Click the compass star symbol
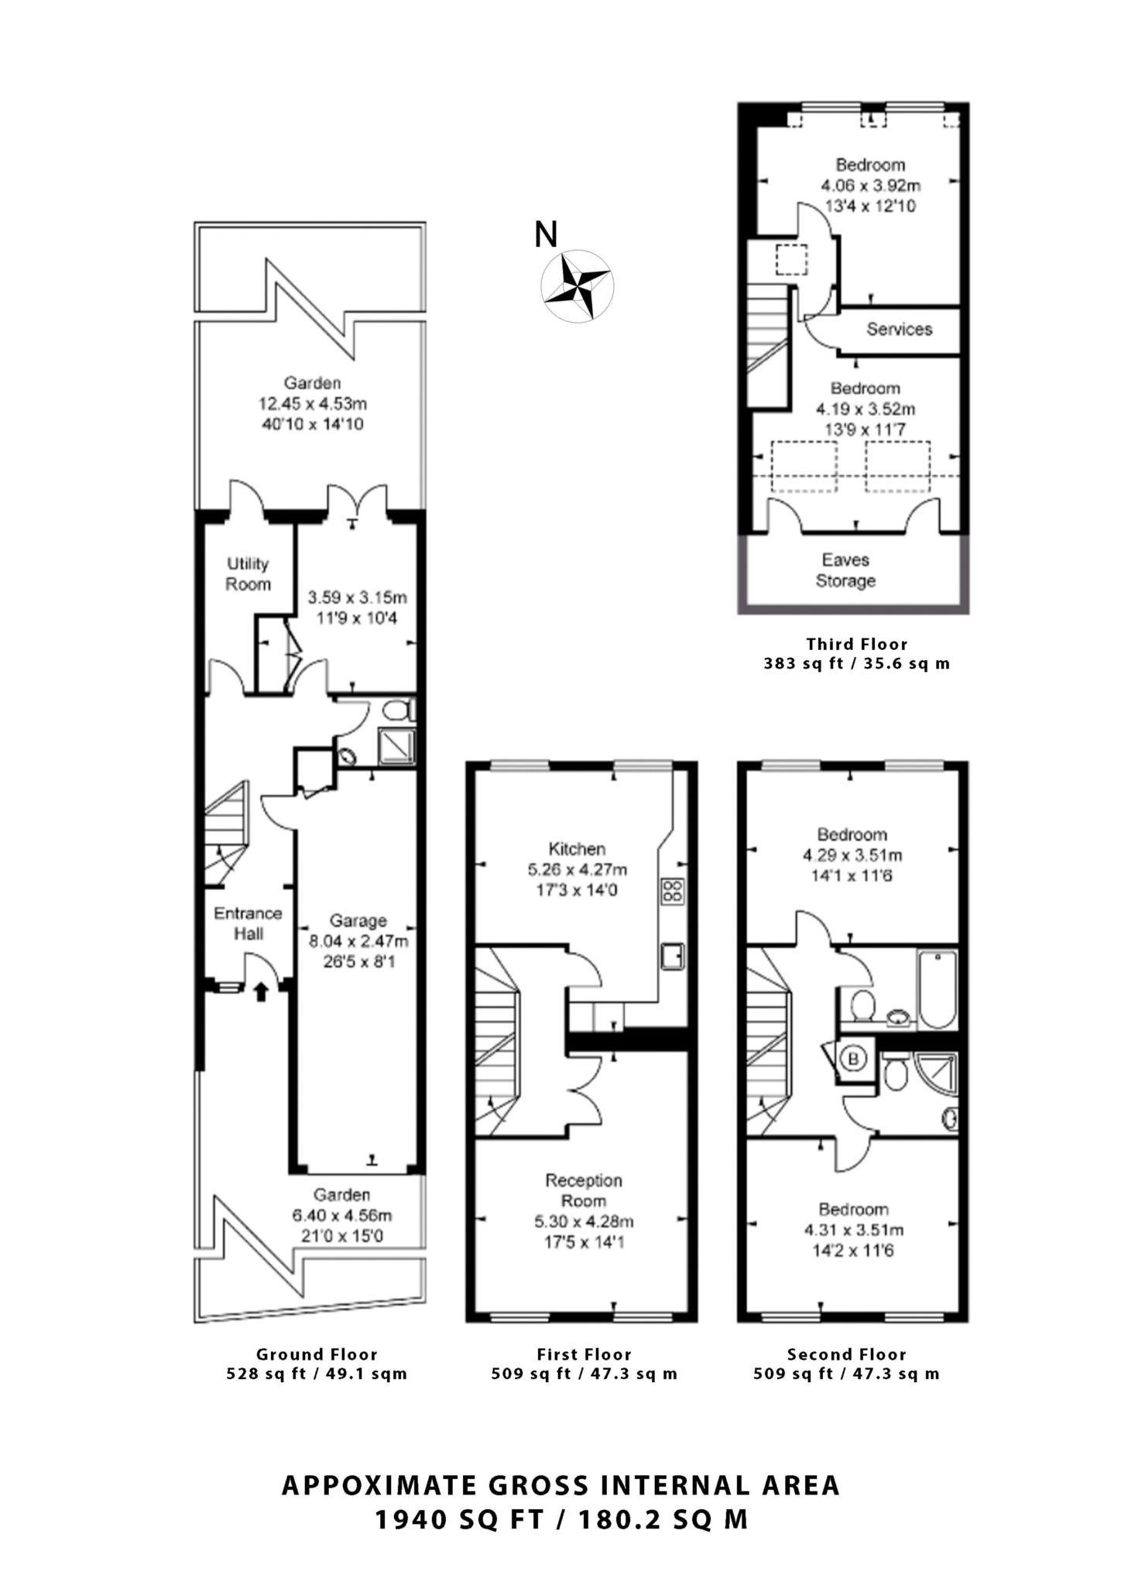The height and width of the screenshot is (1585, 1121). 577,286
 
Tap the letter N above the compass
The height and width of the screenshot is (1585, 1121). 546,234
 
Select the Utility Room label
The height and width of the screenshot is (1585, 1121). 248,573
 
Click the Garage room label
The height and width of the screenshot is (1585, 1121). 358,921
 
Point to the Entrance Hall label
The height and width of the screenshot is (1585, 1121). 249,923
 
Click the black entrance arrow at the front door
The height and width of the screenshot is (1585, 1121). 261,991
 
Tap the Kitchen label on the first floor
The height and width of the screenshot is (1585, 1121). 577,849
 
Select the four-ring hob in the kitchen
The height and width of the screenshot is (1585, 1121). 671,892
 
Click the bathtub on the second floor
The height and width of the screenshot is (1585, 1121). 938,990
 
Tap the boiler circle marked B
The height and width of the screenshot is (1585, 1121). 854,1060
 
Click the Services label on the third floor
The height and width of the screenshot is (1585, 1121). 899,330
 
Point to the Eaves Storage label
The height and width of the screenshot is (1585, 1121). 845,570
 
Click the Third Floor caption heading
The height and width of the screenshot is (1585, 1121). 856,644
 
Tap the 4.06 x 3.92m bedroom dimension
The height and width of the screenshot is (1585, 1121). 870,186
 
